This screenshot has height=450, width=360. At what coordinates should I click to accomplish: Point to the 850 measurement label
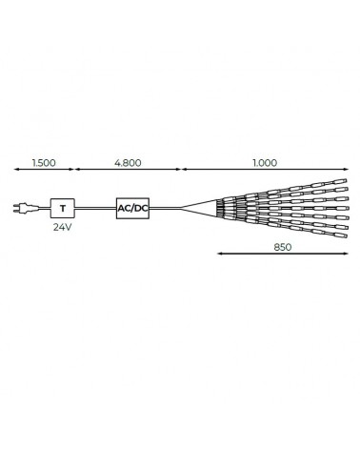pyautogui.click(x=281, y=246)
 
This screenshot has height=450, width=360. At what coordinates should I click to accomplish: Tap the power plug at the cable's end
pyautogui.click(x=21, y=207)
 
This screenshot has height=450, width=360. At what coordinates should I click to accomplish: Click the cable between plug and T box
pyautogui.click(x=40, y=207)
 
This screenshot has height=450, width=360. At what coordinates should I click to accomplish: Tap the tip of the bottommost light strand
pyautogui.click(x=343, y=235)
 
